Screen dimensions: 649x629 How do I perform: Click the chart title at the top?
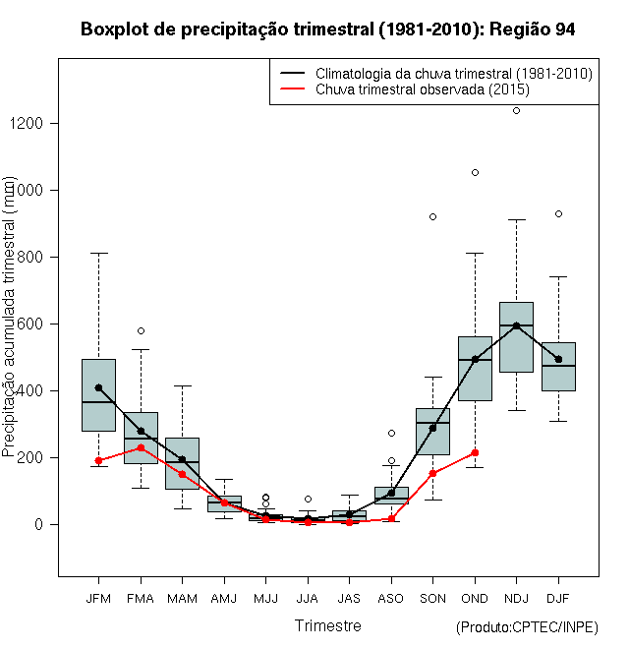tap(327, 29)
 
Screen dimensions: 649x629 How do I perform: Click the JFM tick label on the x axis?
tap(98, 598)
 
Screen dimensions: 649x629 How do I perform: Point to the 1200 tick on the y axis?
tap(38, 123)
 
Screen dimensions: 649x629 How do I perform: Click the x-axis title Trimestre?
tap(327, 625)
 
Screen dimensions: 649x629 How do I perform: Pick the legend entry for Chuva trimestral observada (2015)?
tap(423, 89)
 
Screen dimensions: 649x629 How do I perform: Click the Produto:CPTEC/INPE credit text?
tap(527, 627)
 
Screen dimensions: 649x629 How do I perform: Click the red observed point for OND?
tap(475, 452)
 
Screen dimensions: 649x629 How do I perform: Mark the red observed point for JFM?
tap(98, 460)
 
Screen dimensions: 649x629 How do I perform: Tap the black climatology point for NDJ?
tap(516, 325)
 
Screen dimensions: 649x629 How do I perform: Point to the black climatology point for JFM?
tap(98, 387)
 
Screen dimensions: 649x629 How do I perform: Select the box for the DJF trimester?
tap(558, 367)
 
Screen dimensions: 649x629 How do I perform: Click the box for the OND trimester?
tap(475, 369)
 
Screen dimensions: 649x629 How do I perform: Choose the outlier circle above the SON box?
tap(432, 216)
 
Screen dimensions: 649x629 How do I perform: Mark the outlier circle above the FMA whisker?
tap(141, 330)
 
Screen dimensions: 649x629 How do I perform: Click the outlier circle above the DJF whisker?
tap(558, 213)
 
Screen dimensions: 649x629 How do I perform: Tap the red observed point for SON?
tap(432, 473)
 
